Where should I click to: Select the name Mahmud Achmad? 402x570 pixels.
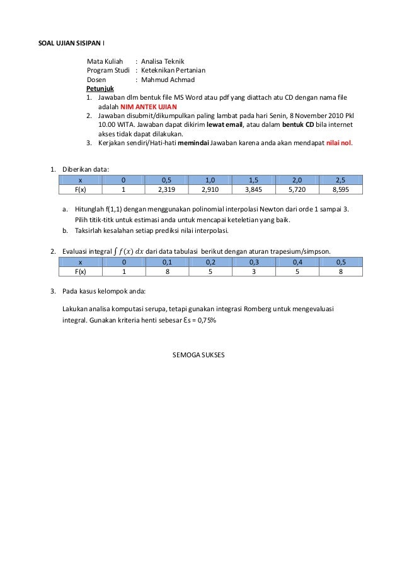click(x=168, y=80)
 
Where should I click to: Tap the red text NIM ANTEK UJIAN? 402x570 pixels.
click(x=149, y=107)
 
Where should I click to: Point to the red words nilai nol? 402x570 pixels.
click(x=339, y=143)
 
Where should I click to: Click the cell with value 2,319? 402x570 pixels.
click(x=166, y=189)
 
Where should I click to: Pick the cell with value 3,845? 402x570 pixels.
click(x=254, y=189)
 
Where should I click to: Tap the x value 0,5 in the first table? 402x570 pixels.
click(x=166, y=180)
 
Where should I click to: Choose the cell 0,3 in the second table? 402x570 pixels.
click(x=254, y=262)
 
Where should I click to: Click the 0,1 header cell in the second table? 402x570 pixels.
click(x=166, y=262)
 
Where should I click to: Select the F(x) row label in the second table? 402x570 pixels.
click(x=80, y=271)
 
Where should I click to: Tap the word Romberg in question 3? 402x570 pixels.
click(x=247, y=310)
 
